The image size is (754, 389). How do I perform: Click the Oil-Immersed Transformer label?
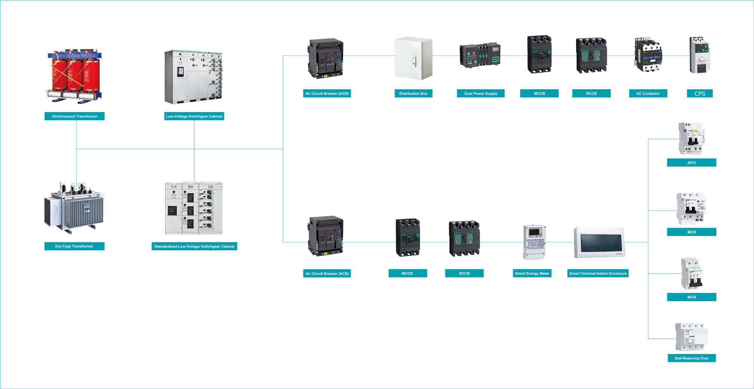74,116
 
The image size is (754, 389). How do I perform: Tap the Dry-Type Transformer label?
74,247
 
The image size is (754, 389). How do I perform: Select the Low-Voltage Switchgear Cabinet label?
194,116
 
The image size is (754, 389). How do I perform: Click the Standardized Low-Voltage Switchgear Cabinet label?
194,247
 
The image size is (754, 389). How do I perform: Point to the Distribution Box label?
413,93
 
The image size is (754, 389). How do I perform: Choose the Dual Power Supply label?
481,93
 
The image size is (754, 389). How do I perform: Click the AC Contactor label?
648,93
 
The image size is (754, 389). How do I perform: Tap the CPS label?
700,93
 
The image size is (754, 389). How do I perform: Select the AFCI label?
691,163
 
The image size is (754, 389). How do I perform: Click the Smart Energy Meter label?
532,274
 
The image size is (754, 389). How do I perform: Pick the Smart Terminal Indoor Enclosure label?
598,274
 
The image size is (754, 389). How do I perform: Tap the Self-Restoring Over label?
691,358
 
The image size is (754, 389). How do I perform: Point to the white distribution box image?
413,58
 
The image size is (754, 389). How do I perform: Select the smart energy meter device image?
534,242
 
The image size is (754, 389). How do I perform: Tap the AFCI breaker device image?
691,138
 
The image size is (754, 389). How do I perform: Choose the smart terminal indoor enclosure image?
599,242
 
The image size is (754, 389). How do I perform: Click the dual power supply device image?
480,56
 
